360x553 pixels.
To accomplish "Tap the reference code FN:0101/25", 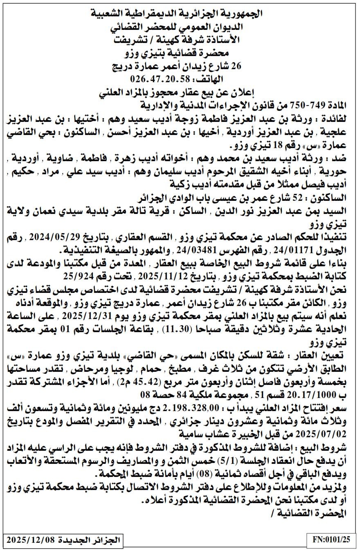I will tap(331, 540).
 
